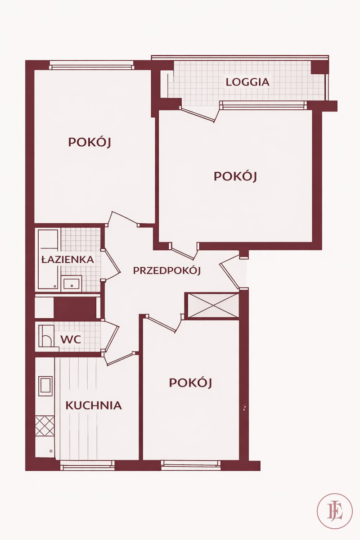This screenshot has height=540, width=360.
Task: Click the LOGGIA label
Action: [247, 82]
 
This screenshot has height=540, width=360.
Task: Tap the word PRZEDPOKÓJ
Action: [167, 270]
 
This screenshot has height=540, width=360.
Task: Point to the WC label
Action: [71, 340]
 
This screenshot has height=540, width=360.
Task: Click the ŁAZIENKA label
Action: [68, 259]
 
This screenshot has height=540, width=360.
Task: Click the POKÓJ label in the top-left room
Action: [90, 142]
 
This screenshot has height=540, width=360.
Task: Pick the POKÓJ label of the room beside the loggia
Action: [235, 176]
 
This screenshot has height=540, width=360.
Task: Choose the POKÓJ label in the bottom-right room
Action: [190, 383]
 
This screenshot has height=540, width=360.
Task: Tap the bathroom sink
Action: [72, 283]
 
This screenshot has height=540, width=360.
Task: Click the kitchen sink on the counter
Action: [45, 387]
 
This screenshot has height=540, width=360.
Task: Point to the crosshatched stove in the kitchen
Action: [45, 426]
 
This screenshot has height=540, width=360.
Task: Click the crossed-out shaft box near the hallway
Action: [213, 306]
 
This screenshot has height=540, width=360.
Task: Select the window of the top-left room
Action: [91, 65]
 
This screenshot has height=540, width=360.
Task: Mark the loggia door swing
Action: [200, 114]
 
